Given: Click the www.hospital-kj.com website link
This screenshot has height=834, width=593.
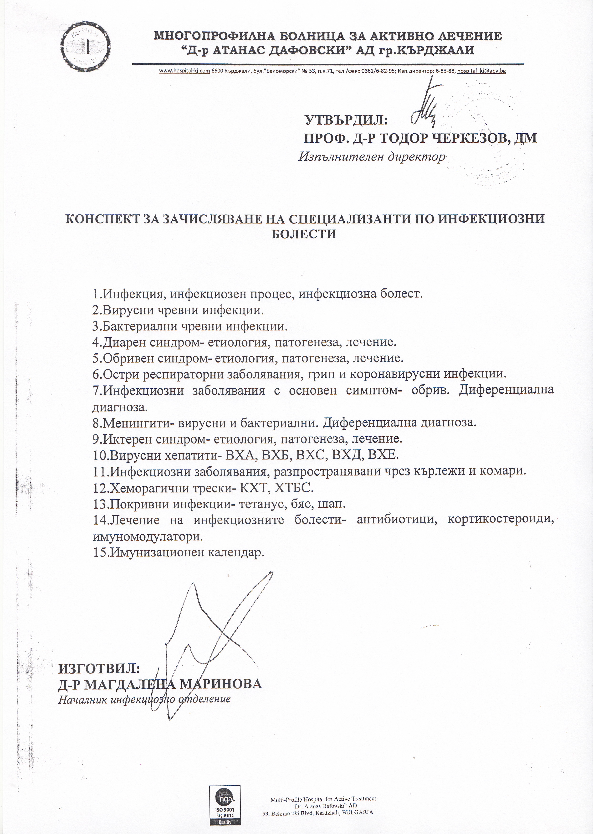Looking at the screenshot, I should (184, 71).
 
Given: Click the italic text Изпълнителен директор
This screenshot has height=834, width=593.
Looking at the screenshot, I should (372, 157).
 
